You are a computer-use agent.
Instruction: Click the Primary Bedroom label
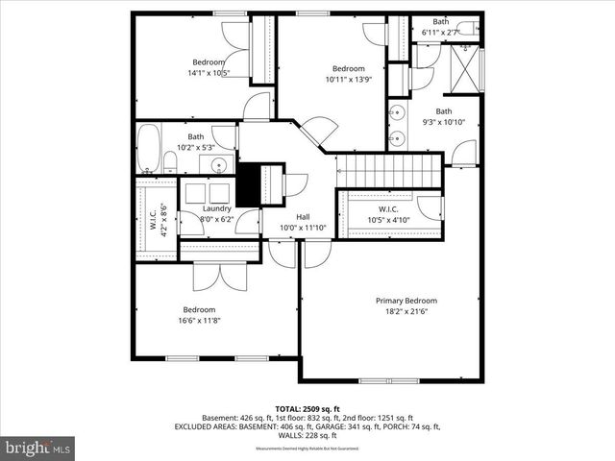[405, 300]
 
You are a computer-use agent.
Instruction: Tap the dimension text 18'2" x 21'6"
[405, 311]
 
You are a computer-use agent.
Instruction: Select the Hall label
[303, 216]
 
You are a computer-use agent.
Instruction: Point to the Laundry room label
[216, 207]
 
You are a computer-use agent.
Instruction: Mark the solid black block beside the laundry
[248, 182]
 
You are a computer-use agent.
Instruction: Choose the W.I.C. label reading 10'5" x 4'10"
[388, 215]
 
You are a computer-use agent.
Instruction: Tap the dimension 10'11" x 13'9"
[348, 80]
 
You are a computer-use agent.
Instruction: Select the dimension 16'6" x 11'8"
[199, 321]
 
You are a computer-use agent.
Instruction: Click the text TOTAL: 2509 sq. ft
[307, 409]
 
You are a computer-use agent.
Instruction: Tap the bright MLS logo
[38, 448]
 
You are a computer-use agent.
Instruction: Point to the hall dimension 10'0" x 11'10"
[303, 228]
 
